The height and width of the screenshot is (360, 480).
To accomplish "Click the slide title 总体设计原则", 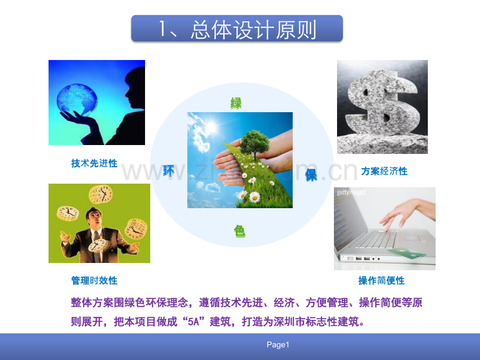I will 237,29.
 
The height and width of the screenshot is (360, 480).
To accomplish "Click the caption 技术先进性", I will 94,163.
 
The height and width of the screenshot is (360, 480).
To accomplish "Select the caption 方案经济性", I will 384,171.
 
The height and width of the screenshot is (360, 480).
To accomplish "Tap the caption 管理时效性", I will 94,281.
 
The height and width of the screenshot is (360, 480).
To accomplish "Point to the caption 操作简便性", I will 381,281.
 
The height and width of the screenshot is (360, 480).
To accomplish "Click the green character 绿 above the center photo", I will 236,103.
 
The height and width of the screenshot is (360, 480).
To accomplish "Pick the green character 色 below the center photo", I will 239,231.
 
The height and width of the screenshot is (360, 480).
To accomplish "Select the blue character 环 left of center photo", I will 168,170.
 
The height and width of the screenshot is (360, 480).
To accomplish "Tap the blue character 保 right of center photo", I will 311,175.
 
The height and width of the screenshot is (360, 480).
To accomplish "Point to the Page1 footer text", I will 278,345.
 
